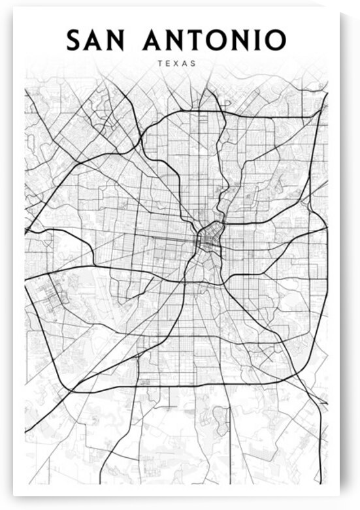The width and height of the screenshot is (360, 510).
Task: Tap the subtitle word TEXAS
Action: click(176, 64)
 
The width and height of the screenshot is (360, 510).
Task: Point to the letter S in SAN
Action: click(74, 40)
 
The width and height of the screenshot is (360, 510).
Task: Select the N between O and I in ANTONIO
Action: click(248, 40)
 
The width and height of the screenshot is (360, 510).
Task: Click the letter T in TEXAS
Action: click(160, 64)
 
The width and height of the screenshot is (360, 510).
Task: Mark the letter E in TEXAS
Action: click(168, 64)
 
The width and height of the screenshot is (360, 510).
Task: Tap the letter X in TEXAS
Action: click(176, 64)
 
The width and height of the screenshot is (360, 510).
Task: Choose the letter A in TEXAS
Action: click(185, 64)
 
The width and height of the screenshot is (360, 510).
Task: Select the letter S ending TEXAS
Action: click(193, 64)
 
